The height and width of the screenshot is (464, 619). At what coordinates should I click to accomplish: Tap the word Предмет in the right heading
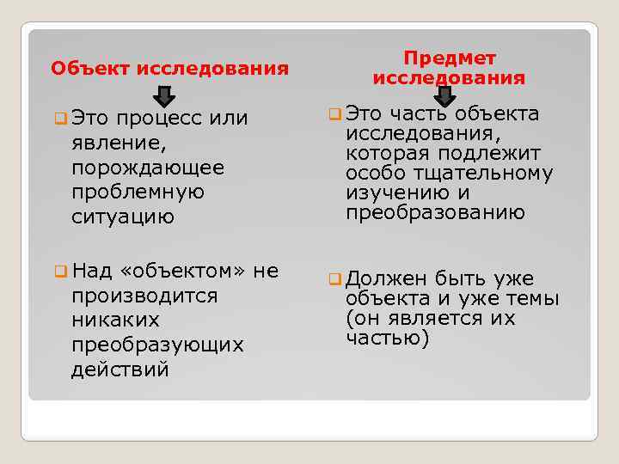click(448, 58)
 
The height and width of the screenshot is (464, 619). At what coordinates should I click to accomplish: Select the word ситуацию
click(123, 217)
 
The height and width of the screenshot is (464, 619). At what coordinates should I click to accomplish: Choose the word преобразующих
click(157, 345)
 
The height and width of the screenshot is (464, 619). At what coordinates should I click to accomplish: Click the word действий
click(120, 370)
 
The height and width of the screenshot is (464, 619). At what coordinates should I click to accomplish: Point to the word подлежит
click(499, 154)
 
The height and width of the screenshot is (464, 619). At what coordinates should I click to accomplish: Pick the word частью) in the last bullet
click(387, 338)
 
